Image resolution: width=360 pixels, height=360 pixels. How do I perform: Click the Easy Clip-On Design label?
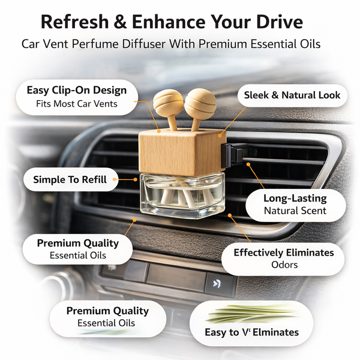coord(77,91)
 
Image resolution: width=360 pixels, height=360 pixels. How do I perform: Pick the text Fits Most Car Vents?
coord(77,103)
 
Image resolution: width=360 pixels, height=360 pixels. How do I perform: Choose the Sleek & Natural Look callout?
coord(292,95)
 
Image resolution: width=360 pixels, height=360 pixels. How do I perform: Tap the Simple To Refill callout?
coord(70,179)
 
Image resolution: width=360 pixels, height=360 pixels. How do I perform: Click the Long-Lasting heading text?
coord(295,199)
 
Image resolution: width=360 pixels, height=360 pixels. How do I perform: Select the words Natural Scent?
coord(295,211)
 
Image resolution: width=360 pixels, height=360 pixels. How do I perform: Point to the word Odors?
coord(284,265)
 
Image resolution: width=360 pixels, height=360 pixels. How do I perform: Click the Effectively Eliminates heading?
coord(284,253)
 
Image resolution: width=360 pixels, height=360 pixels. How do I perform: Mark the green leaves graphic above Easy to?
coord(252,314)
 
